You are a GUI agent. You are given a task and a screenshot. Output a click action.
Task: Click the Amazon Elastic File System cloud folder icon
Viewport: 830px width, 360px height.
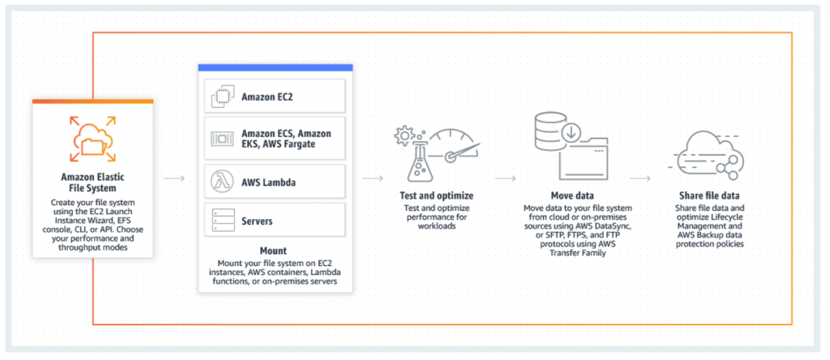(x=92, y=138)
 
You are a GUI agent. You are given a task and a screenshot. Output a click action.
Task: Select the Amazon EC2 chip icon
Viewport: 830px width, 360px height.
(x=222, y=96)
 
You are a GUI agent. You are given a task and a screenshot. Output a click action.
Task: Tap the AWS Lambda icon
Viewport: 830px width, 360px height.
(x=222, y=182)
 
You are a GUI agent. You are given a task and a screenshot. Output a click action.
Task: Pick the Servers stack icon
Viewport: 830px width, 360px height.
(x=222, y=221)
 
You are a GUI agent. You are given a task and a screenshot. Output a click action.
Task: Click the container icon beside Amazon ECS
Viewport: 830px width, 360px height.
(x=222, y=139)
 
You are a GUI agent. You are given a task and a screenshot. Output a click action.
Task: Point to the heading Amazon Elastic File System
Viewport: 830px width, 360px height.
(x=92, y=182)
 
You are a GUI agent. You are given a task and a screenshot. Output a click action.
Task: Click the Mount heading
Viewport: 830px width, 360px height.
(x=273, y=251)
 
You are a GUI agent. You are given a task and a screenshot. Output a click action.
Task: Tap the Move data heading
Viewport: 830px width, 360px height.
(x=577, y=195)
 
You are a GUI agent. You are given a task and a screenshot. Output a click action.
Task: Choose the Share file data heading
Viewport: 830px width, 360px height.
(x=709, y=195)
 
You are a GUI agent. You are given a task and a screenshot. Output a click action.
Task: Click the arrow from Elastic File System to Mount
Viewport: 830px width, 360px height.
(x=174, y=178)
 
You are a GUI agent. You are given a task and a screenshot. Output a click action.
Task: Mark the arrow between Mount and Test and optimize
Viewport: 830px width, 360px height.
(x=373, y=178)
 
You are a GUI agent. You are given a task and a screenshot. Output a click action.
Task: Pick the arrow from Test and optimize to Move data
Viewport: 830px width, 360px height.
(x=506, y=178)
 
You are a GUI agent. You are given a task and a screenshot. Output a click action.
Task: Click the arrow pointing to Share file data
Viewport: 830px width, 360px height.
(x=640, y=178)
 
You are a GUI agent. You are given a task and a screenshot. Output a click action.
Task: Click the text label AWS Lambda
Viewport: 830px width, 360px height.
(x=269, y=182)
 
